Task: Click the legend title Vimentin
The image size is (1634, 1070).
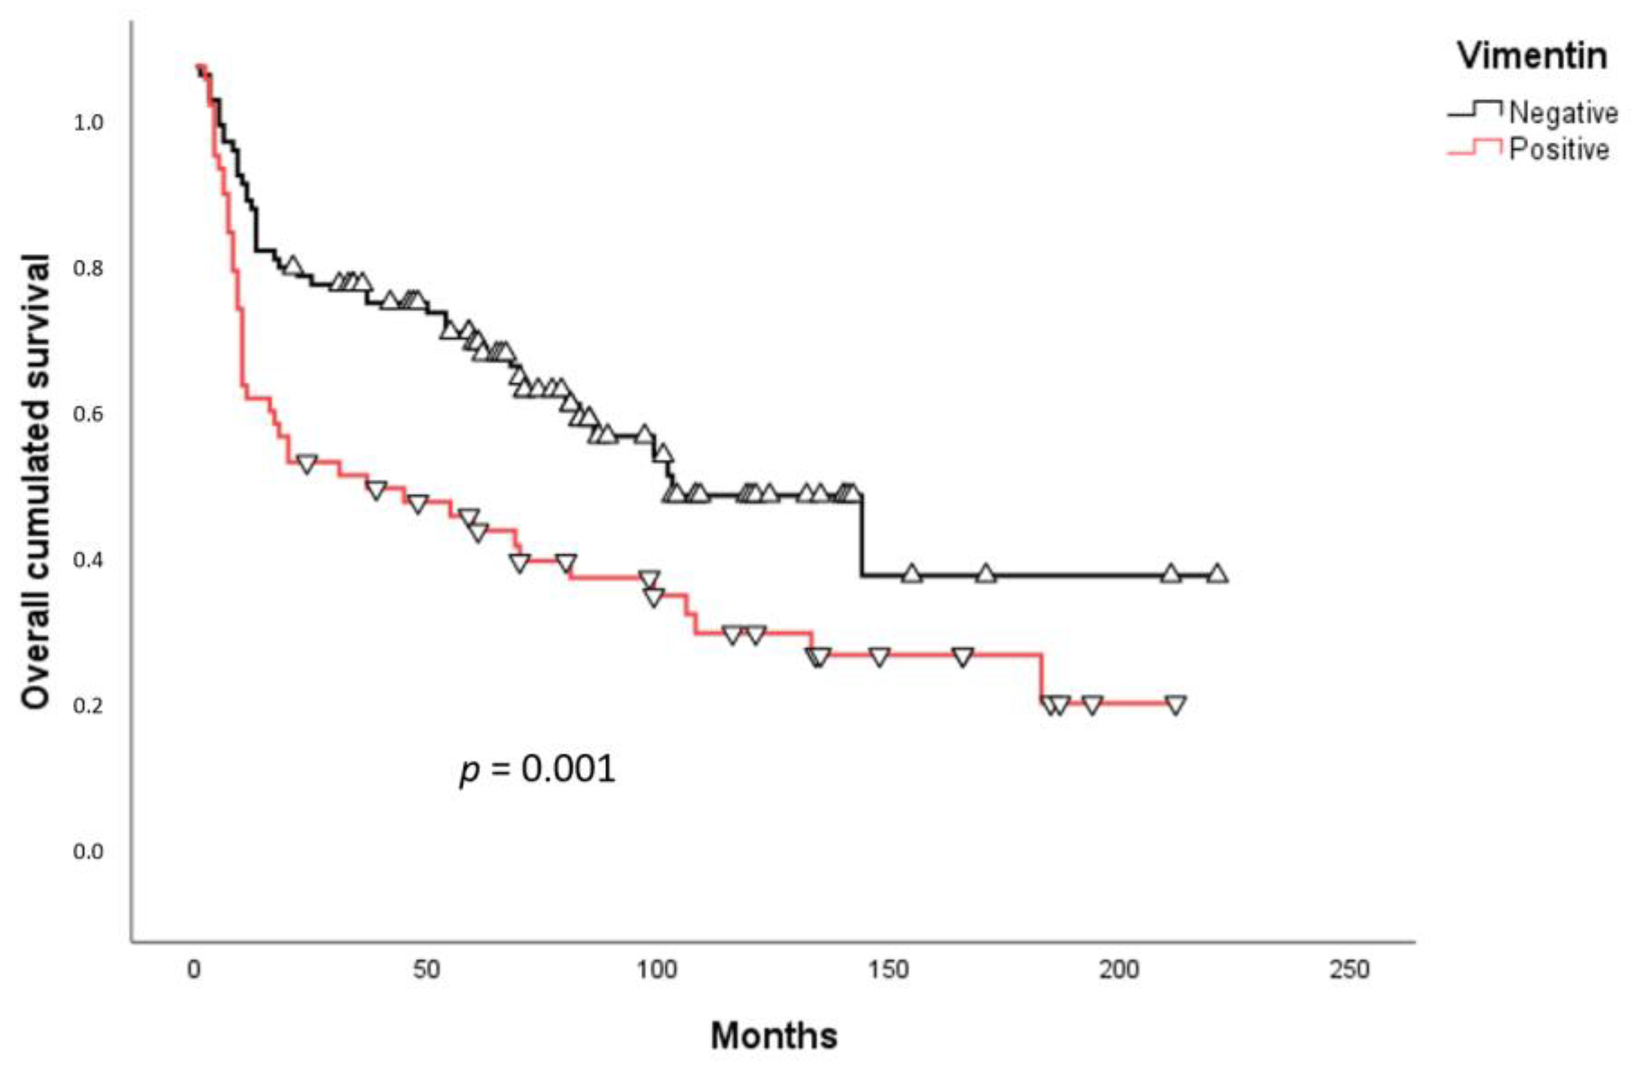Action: click(1532, 55)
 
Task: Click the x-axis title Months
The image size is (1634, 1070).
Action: click(774, 1036)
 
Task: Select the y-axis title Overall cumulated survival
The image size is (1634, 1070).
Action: click(35, 481)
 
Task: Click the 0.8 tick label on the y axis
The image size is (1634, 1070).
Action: click(88, 269)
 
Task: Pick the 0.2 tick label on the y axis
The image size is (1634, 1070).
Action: click(88, 705)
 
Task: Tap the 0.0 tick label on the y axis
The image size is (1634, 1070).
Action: click(88, 852)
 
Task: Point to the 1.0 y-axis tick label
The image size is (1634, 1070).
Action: click(88, 123)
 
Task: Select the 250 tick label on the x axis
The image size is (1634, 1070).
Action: click(1350, 970)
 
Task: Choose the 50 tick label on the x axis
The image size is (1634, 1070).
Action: click(425, 970)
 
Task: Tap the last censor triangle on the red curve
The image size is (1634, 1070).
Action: click(1176, 704)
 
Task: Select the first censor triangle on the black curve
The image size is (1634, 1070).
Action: click(293, 265)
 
